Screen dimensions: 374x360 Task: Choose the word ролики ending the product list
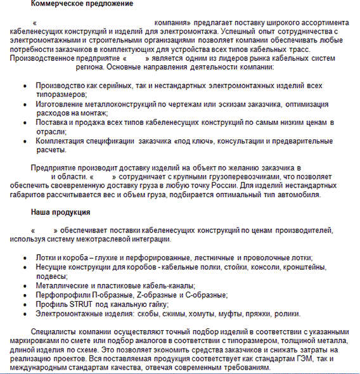(x=286, y=313)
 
